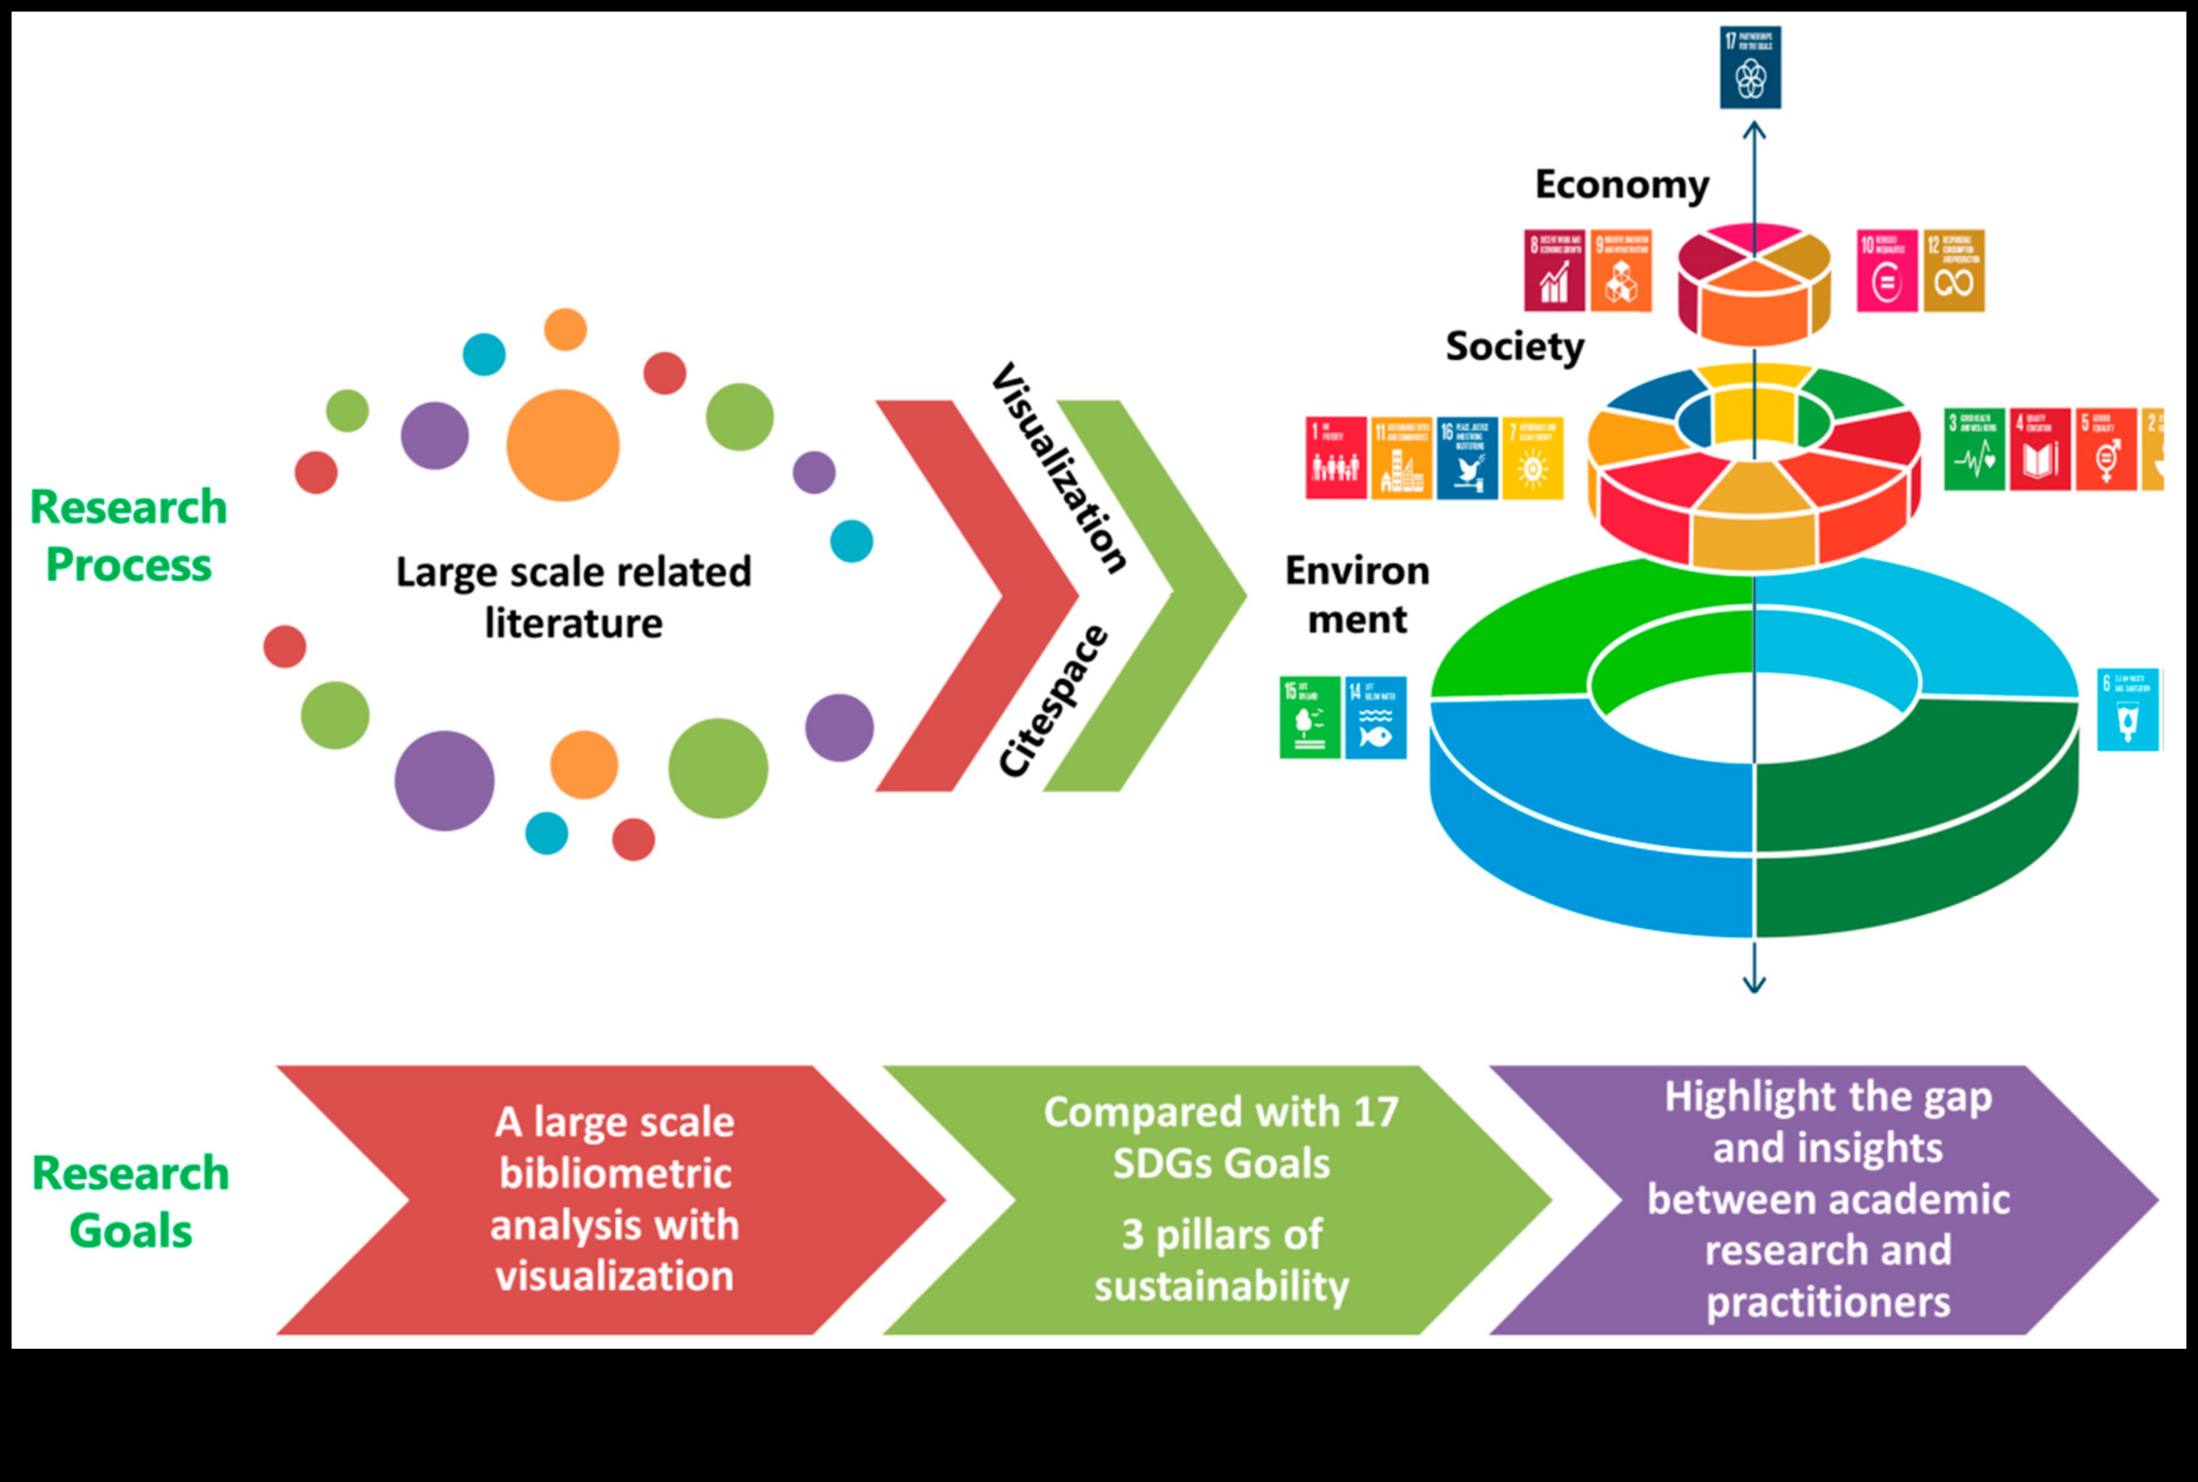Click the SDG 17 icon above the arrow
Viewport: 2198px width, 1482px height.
[1750, 67]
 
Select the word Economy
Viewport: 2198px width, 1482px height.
[1622, 184]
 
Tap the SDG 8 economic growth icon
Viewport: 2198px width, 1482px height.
[1554, 271]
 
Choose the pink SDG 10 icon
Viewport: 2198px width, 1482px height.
[1886, 271]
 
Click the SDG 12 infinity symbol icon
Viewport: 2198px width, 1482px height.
[1954, 271]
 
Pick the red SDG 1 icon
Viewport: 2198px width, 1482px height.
[1335, 458]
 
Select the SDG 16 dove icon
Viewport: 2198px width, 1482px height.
[1467, 458]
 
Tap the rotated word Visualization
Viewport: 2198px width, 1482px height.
[1058, 468]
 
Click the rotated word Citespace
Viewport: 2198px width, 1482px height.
[1051, 701]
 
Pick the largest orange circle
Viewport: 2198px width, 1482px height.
[563, 445]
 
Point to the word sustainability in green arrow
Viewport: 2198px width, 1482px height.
[1221, 1286]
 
